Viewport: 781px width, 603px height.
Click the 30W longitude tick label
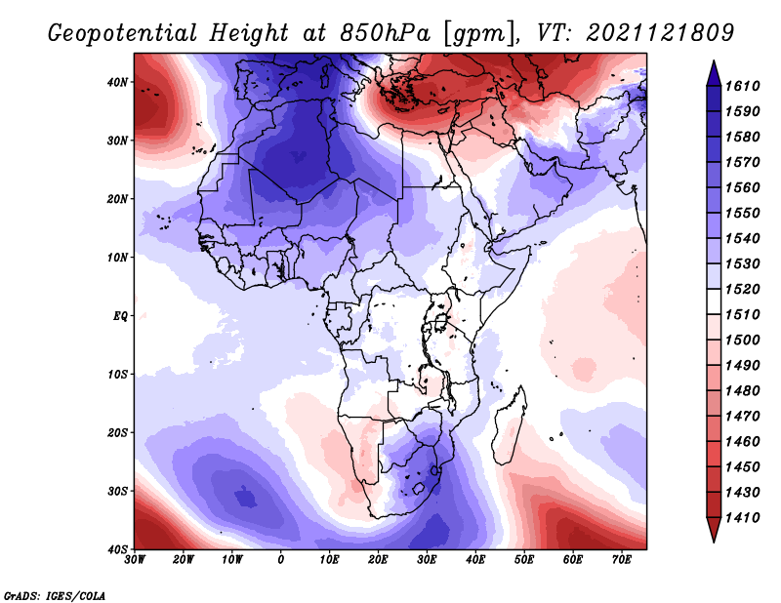tap(135, 560)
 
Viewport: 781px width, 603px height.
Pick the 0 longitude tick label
tap(281, 560)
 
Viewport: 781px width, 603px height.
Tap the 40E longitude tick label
tap(475, 560)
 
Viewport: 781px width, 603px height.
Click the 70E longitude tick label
tap(622, 560)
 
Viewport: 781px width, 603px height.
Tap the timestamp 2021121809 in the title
tap(661, 33)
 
